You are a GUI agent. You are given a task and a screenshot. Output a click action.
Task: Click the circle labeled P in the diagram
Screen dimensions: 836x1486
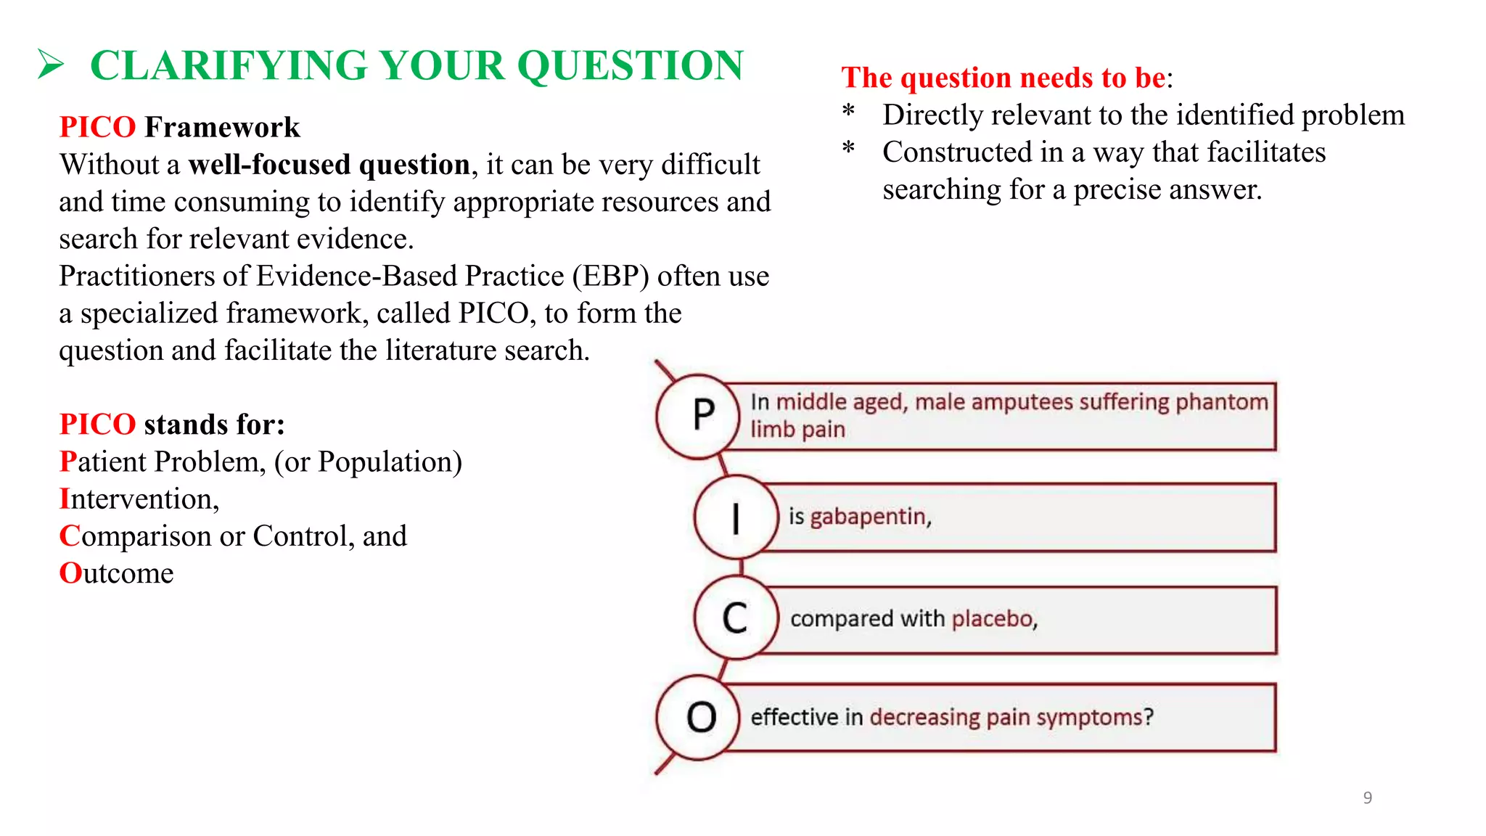(x=698, y=416)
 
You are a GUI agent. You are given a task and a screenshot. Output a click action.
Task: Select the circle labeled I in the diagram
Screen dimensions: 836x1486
(x=736, y=517)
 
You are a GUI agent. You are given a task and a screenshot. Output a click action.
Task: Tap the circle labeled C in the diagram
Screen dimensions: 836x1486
(x=736, y=618)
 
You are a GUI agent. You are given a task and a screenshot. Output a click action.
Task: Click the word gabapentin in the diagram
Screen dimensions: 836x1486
(x=870, y=517)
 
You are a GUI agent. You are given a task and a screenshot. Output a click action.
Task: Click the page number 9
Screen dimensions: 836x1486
(x=1367, y=798)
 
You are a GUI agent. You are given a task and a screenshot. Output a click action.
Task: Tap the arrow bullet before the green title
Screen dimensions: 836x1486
(x=51, y=65)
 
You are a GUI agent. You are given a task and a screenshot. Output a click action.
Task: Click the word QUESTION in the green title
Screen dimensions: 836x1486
(x=630, y=65)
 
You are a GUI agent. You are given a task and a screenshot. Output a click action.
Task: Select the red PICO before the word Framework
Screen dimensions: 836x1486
(x=97, y=127)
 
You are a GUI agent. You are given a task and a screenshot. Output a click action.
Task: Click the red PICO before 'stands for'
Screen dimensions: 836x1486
(x=97, y=425)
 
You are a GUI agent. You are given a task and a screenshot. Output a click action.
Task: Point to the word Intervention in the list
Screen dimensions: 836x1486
(x=138, y=499)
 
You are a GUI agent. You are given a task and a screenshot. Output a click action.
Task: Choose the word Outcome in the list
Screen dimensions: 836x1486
(x=116, y=573)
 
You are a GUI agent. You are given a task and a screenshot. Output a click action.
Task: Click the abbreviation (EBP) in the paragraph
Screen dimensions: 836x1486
(x=610, y=276)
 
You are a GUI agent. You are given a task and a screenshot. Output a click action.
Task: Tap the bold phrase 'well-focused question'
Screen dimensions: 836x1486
(x=329, y=165)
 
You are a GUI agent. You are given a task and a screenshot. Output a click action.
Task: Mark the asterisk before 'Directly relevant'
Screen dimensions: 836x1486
(x=848, y=113)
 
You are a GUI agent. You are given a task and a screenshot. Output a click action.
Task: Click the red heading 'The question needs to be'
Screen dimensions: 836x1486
(x=1003, y=78)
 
